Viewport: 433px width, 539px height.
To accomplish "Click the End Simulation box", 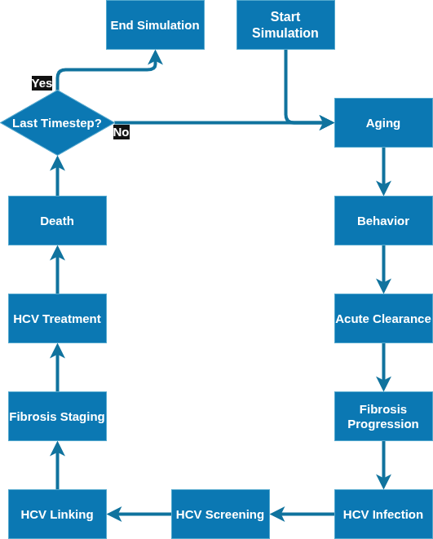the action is [155, 24].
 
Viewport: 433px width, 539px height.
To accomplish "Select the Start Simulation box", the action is [285, 24].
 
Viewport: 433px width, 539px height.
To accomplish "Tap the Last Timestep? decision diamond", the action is [57, 122].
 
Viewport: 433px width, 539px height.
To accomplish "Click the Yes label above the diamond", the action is [42, 83].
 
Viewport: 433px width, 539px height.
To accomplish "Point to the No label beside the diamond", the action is [122, 132].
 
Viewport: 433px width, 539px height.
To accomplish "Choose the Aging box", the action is [383, 122].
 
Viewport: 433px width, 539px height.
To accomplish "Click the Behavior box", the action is [383, 221].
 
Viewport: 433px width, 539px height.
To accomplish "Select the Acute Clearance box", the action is [383, 319].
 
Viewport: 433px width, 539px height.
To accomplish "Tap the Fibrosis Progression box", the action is [383, 417].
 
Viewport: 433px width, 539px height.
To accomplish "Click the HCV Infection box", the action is [383, 515].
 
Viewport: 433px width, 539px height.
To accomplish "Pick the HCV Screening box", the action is [220, 515].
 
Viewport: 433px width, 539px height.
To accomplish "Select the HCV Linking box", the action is [57, 515].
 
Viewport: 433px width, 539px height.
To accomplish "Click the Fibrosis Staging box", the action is [57, 417].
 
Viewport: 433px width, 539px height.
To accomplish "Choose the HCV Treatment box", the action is [57, 319].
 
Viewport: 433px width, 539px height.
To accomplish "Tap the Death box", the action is [57, 221].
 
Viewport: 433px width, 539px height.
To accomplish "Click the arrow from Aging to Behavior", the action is [383, 172].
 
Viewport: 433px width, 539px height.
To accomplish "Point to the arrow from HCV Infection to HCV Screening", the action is [303, 515].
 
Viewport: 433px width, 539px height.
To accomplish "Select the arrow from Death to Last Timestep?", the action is [57, 175].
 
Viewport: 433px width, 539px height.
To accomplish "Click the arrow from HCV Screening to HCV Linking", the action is [139, 515].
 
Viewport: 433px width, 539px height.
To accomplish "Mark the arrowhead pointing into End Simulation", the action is [155, 57].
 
